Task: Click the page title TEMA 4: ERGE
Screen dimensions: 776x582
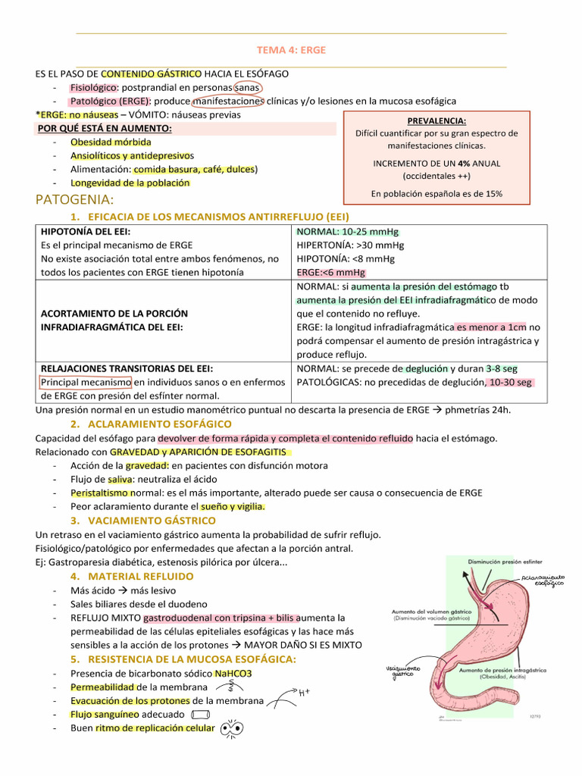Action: [291, 50]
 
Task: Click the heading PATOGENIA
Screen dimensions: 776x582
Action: [75, 200]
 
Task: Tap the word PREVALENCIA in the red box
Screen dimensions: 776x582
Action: [436, 120]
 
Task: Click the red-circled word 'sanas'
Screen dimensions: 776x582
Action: [247, 87]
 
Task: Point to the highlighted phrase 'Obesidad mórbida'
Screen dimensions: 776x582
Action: [111, 142]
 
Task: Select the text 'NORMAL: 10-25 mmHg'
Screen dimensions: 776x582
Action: [348, 231]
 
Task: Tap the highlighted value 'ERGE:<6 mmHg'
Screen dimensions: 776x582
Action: [330, 272]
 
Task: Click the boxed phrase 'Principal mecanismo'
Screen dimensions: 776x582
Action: [86, 382]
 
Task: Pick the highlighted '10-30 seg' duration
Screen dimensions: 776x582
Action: [511, 382]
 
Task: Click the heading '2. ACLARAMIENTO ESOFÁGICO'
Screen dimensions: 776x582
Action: [161, 424]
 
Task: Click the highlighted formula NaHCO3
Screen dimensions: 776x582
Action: [233, 673]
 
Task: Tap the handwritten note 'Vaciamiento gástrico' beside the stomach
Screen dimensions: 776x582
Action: [402, 671]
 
